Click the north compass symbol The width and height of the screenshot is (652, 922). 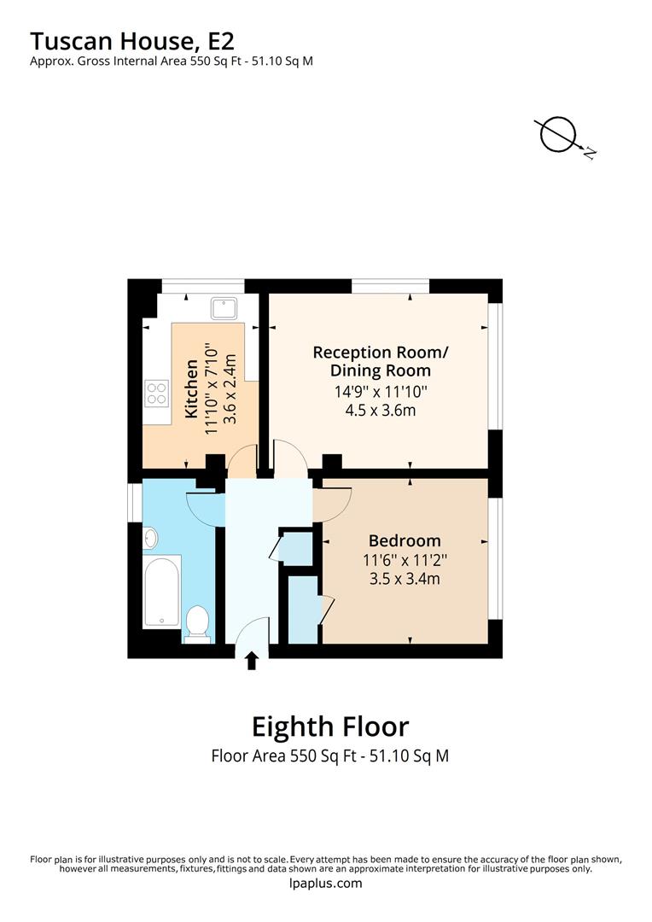(560, 135)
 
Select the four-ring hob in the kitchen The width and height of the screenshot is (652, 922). (157, 394)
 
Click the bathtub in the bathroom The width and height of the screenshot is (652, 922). (161, 590)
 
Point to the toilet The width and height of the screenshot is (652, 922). (197, 621)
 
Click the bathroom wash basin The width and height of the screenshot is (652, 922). (150, 538)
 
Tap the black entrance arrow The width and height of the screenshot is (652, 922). (252, 661)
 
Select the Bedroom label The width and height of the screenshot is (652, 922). (405, 540)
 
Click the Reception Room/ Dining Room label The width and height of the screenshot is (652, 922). (380, 361)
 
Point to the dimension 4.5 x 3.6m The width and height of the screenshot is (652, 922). (380, 410)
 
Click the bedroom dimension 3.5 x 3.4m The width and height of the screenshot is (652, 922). (405, 580)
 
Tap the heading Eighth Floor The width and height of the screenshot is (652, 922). (329, 727)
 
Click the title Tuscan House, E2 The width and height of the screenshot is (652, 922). (132, 40)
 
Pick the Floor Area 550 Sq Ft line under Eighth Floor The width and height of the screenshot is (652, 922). (329, 756)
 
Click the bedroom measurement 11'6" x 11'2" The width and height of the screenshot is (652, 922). (405, 561)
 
